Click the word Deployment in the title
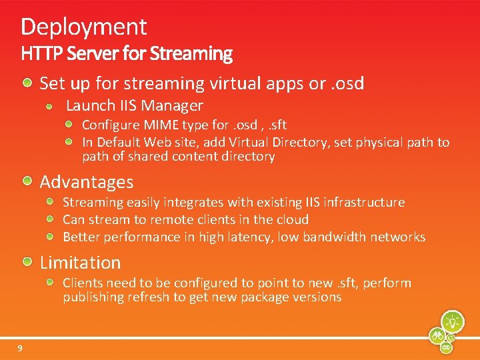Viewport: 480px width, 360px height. [x=83, y=27]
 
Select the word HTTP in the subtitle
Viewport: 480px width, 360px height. [x=39, y=53]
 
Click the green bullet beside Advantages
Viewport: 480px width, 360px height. [x=28, y=181]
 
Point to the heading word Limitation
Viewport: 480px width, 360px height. [x=81, y=263]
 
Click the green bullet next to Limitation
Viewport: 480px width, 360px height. [x=28, y=261]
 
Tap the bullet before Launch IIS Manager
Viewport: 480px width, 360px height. [x=51, y=105]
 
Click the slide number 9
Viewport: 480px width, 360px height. [x=20, y=348]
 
